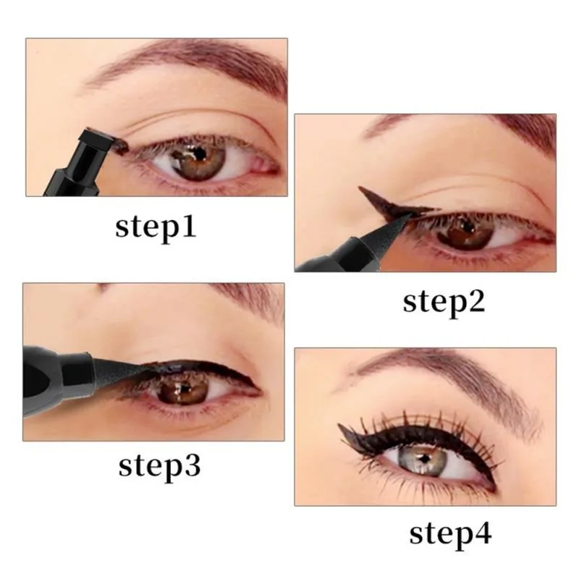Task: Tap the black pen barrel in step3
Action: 54,376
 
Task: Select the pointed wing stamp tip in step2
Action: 363,190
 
